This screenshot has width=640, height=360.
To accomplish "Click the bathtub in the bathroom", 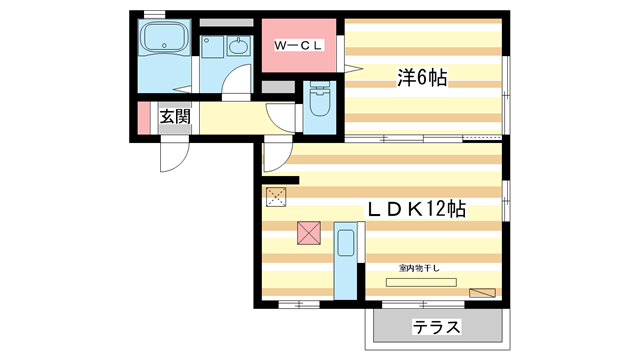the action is tap(164, 37).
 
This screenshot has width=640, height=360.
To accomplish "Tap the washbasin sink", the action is tap(237, 47).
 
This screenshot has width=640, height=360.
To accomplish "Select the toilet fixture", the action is tap(319, 98).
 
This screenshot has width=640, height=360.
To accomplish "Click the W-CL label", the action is tap(298, 45).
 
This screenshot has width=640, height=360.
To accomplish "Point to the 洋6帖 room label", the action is tap(422, 77).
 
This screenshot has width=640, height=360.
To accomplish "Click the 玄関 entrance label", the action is tap(175, 117).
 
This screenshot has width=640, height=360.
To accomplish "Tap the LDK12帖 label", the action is tap(416, 209).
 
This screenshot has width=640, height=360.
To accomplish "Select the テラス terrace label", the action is tap(436, 327).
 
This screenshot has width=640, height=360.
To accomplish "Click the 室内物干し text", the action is tap(419, 268).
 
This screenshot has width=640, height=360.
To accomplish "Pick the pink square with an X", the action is tap(309, 233).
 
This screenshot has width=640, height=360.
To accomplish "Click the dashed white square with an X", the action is tap(276, 197).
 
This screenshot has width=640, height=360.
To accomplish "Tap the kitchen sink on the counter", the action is tap(346, 243).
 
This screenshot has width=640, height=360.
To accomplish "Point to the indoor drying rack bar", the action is tap(421, 282).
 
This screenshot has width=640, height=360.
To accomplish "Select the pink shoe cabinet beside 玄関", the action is tap(144, 118).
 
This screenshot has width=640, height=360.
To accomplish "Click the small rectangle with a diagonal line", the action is tap(482, 293).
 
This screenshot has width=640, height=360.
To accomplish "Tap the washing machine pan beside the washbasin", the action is tap(212, 47).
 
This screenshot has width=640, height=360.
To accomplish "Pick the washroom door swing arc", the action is tap(231, 74).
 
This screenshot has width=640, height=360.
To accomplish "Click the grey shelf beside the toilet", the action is tap(278, 87).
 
